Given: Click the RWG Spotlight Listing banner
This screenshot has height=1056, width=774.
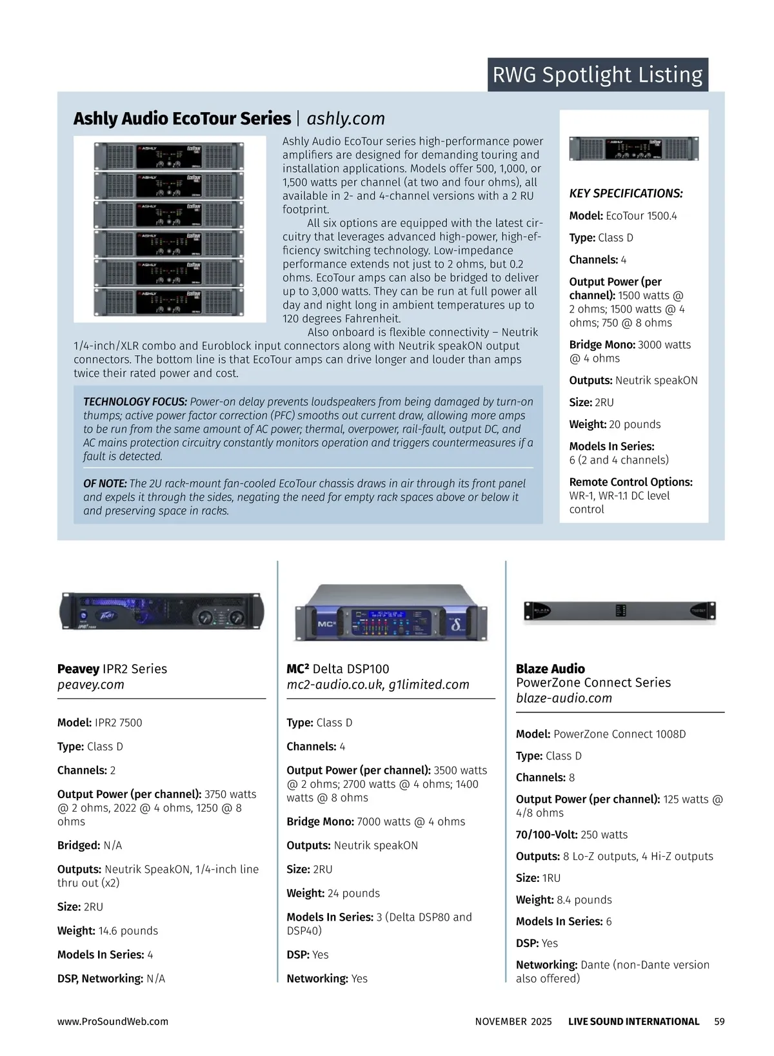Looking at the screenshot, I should tap(597, 75).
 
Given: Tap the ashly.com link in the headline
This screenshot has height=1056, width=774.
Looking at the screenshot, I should tap(346, 119).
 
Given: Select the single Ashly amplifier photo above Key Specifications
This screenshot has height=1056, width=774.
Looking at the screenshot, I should tap(633, 149).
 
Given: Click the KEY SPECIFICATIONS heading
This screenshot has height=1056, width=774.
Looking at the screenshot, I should tap(626, 193).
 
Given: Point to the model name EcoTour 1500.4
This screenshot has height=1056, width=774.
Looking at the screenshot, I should tap(642, 216).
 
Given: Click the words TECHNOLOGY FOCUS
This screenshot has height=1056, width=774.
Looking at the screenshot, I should tap(135, 402).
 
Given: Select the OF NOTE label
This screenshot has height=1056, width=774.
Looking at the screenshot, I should tap(105, 484).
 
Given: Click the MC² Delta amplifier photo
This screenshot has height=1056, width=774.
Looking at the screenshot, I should tap(391, 612).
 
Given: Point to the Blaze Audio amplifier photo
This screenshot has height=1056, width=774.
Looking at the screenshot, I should tap(619, 611).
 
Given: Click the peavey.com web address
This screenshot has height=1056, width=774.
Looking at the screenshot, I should tap(90, 685).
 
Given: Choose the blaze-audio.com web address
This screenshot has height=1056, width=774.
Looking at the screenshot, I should tap(564, 698).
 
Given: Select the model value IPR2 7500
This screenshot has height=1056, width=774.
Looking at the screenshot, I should tap(118, 723).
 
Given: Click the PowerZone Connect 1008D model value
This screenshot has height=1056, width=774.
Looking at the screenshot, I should tap(619, 734).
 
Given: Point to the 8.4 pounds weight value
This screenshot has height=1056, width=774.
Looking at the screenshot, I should tap(584, 900).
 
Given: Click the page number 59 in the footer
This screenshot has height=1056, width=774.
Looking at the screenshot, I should tap(719, 1022).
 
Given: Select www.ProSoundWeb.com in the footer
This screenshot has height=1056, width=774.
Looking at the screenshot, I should tap(112, 1022).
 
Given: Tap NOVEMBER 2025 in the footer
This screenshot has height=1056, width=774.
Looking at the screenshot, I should tap(513, 1022).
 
